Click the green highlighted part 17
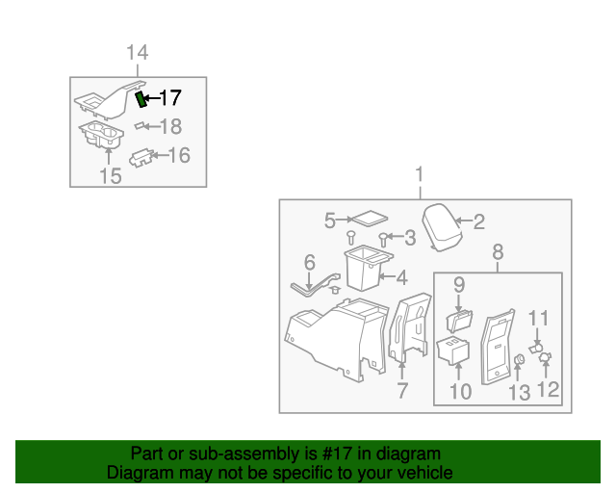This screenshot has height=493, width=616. tap(141, 99)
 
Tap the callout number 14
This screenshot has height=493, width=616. tap(138, 53)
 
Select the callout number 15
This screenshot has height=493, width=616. tap(111, 176)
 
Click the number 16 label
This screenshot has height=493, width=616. tap(179, 154)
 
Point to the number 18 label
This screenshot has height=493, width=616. tap(170, 126)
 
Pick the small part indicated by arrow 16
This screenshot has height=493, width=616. tap(142, 155)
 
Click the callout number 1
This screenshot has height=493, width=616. tap(419, 174)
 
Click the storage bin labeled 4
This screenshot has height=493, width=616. tap(365, 269)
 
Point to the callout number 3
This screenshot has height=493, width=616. tap(409, 237)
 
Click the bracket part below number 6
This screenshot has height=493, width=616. tap(314, 284)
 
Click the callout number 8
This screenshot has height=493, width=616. tap(498, 252)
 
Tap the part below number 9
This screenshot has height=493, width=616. tap(458, 317)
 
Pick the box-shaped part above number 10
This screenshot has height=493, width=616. tap(452, 351)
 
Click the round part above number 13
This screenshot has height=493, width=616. tap(518, 361)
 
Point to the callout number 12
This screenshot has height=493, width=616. tap(548, 389)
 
